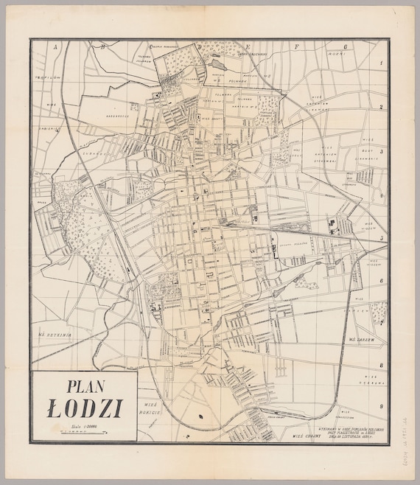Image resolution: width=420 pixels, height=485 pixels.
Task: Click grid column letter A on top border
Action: pyautogui.click(x=54, y=46)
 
